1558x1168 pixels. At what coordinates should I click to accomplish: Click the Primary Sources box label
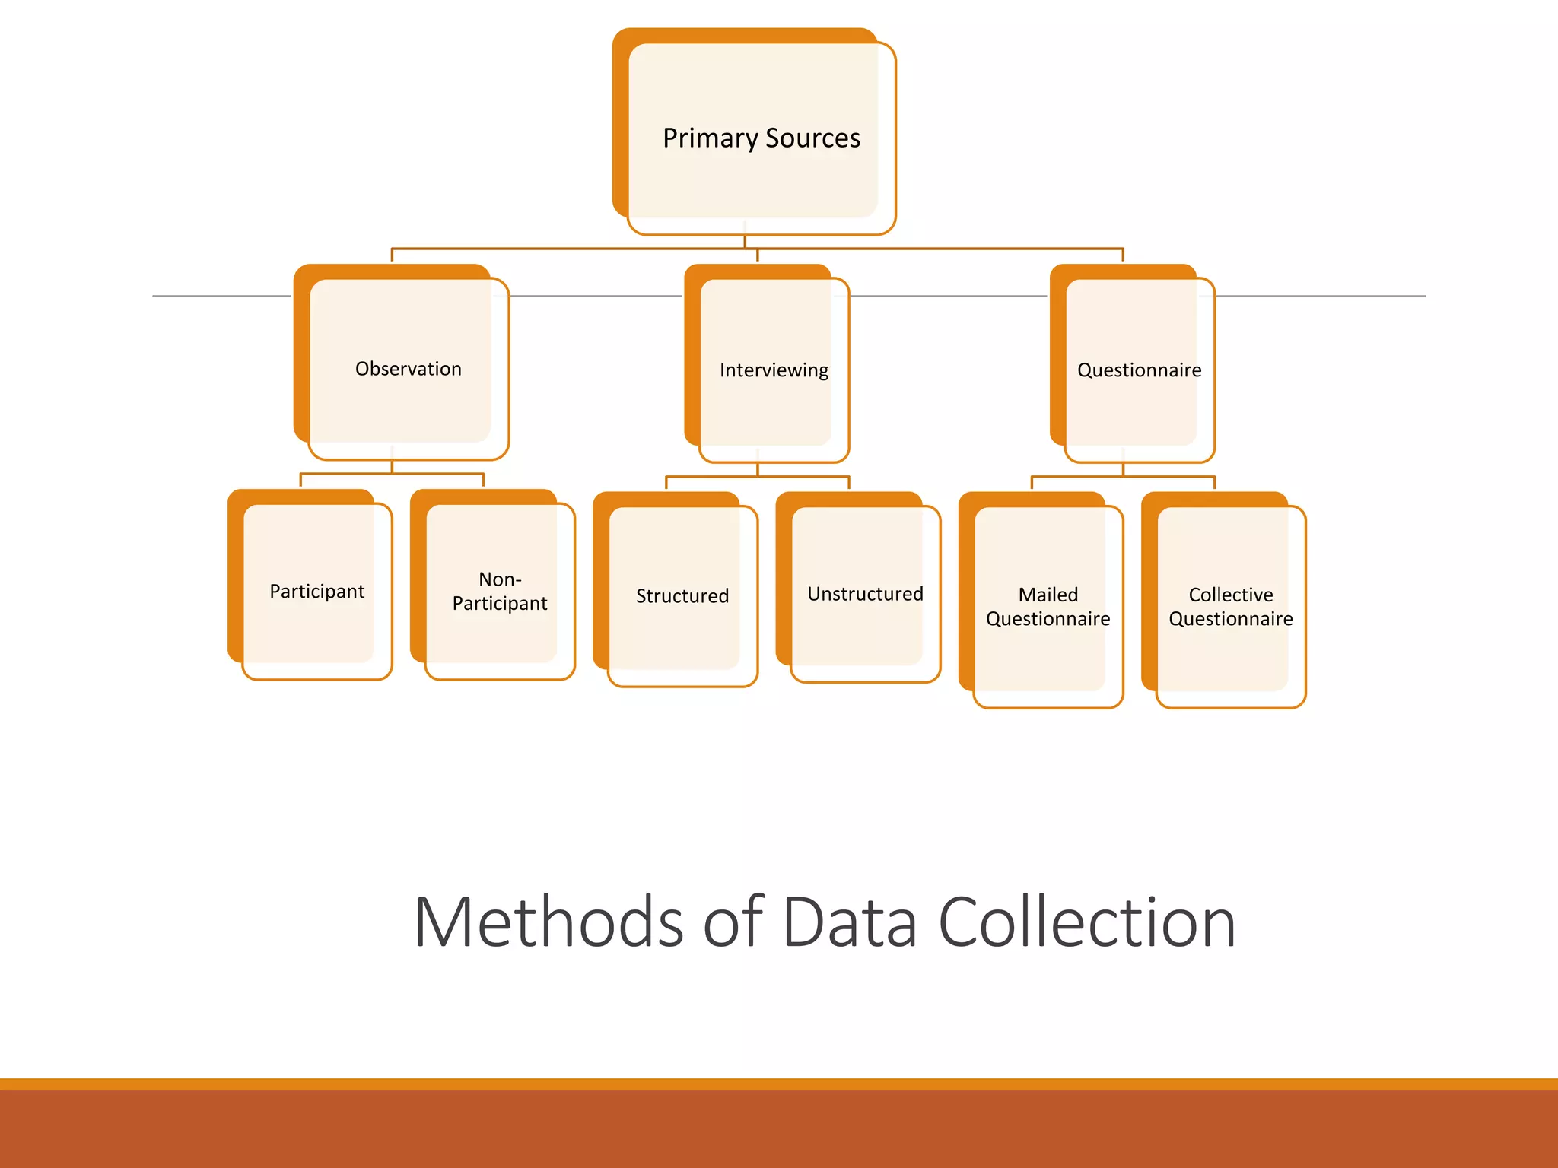[x=761, y=138]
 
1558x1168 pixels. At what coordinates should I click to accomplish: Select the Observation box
[x=408, y=369]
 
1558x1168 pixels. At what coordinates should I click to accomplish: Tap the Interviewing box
[x=774, y=370]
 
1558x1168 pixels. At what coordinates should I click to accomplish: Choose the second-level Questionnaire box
[x=1139, y=370]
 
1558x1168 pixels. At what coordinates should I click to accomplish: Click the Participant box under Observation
[x=316, y=592]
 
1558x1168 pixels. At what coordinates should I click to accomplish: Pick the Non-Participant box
[x=500, y=592]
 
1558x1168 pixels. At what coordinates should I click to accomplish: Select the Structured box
[x=682, y=596]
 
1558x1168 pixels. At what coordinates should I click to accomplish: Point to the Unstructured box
[x=865, y=594]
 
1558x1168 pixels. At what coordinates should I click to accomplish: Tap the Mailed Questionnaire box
[x=1048, y=607]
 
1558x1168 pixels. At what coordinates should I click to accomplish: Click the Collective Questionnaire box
[x=1230, y=607]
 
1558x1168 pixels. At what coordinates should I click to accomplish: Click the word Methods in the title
[x=548, y=922]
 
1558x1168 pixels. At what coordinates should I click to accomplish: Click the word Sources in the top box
[x=812, y=138]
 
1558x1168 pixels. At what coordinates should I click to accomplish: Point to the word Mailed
[x=1048, y=595]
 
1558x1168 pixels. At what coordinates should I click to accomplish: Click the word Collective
[x=1230, y=595]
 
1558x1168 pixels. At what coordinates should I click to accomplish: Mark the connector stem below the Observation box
[x=392, y=467]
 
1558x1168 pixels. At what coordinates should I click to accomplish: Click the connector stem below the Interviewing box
[x=758, y=469]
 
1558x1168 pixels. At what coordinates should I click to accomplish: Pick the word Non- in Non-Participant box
[x=500, y=579]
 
